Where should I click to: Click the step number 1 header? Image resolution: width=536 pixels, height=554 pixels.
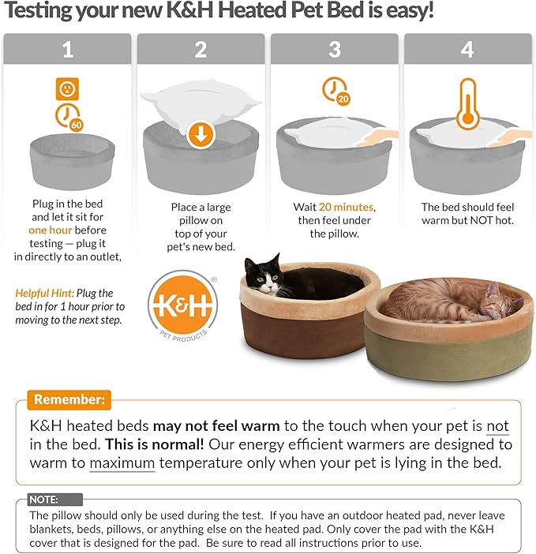67,50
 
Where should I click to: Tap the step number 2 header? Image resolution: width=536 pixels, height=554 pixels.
201,50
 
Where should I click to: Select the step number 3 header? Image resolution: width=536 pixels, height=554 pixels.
335,50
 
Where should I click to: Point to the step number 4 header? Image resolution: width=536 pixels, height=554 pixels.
468,50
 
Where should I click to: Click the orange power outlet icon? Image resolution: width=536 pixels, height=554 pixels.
67,88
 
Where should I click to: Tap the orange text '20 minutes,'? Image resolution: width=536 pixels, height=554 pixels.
347,208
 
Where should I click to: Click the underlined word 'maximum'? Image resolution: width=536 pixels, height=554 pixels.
122,463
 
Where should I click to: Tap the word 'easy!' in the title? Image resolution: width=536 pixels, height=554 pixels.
407,13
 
